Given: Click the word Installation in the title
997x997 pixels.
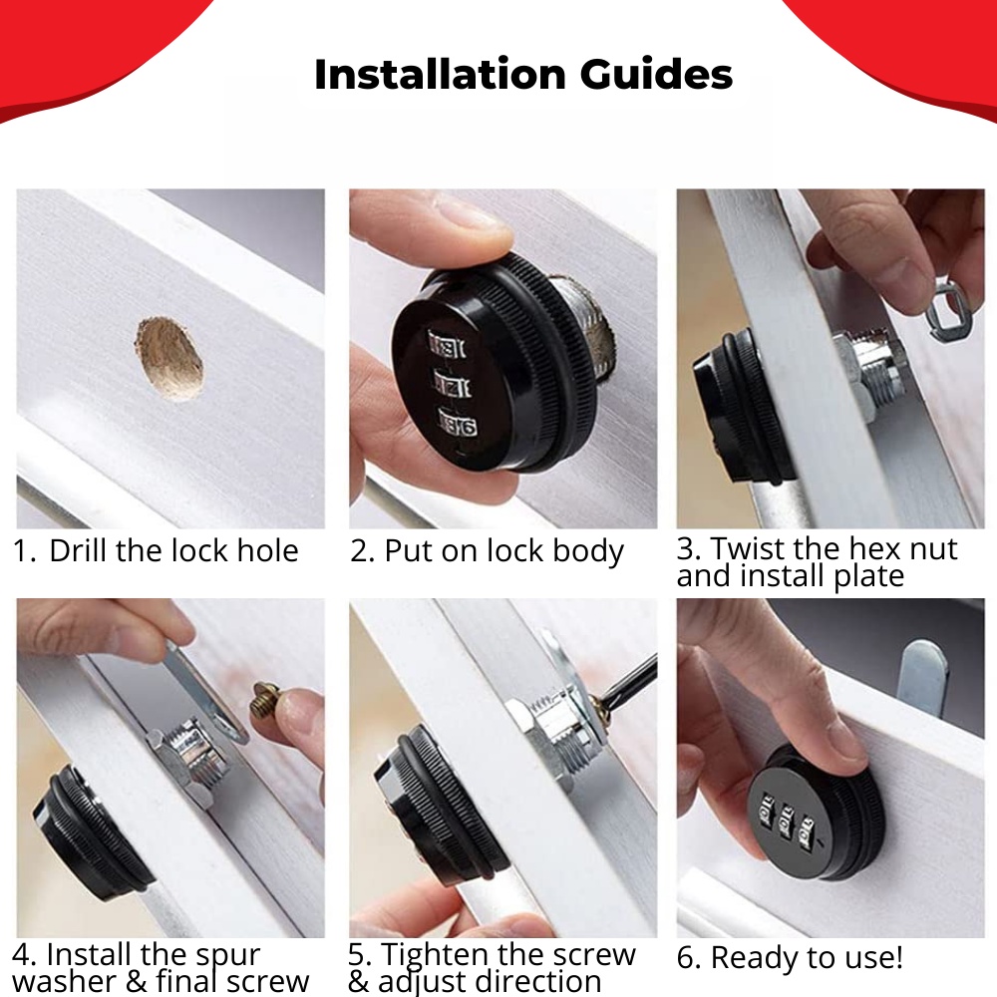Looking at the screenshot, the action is click(440, 75).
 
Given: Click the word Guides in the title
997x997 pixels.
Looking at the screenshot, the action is click(656, 75).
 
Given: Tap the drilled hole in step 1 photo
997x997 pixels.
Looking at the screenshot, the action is click(169, 359).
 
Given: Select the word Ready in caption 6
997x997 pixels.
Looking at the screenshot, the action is click(752, 957).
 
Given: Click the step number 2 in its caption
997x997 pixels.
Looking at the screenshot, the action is click(361, 550).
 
